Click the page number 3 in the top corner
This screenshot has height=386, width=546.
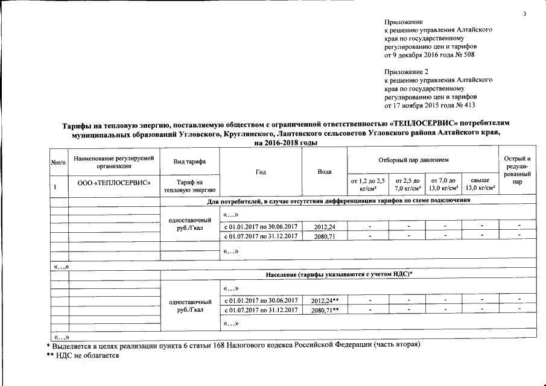524,13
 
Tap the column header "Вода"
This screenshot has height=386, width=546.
324,172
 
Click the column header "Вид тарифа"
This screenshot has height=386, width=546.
189,162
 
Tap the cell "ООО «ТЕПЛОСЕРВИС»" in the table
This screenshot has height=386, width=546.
114,182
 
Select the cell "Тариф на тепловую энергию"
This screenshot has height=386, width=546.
189,186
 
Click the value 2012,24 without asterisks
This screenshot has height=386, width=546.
324,226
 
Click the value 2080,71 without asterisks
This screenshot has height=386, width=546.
324,236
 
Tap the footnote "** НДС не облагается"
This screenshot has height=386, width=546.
83,356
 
